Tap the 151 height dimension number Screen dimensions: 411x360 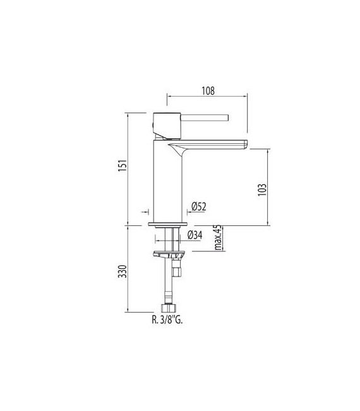click(x=124, y=165)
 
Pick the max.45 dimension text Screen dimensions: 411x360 click(x=217, y=237)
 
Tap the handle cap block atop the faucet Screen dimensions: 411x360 click(x=165, y=125)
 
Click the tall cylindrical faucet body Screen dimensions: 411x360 click(x=169, y=183)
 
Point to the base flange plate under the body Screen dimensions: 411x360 click(x=168, y=224)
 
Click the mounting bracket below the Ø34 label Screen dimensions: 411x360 click(x=169, y=254)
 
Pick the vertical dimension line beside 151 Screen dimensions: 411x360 click(x=130, y=169)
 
